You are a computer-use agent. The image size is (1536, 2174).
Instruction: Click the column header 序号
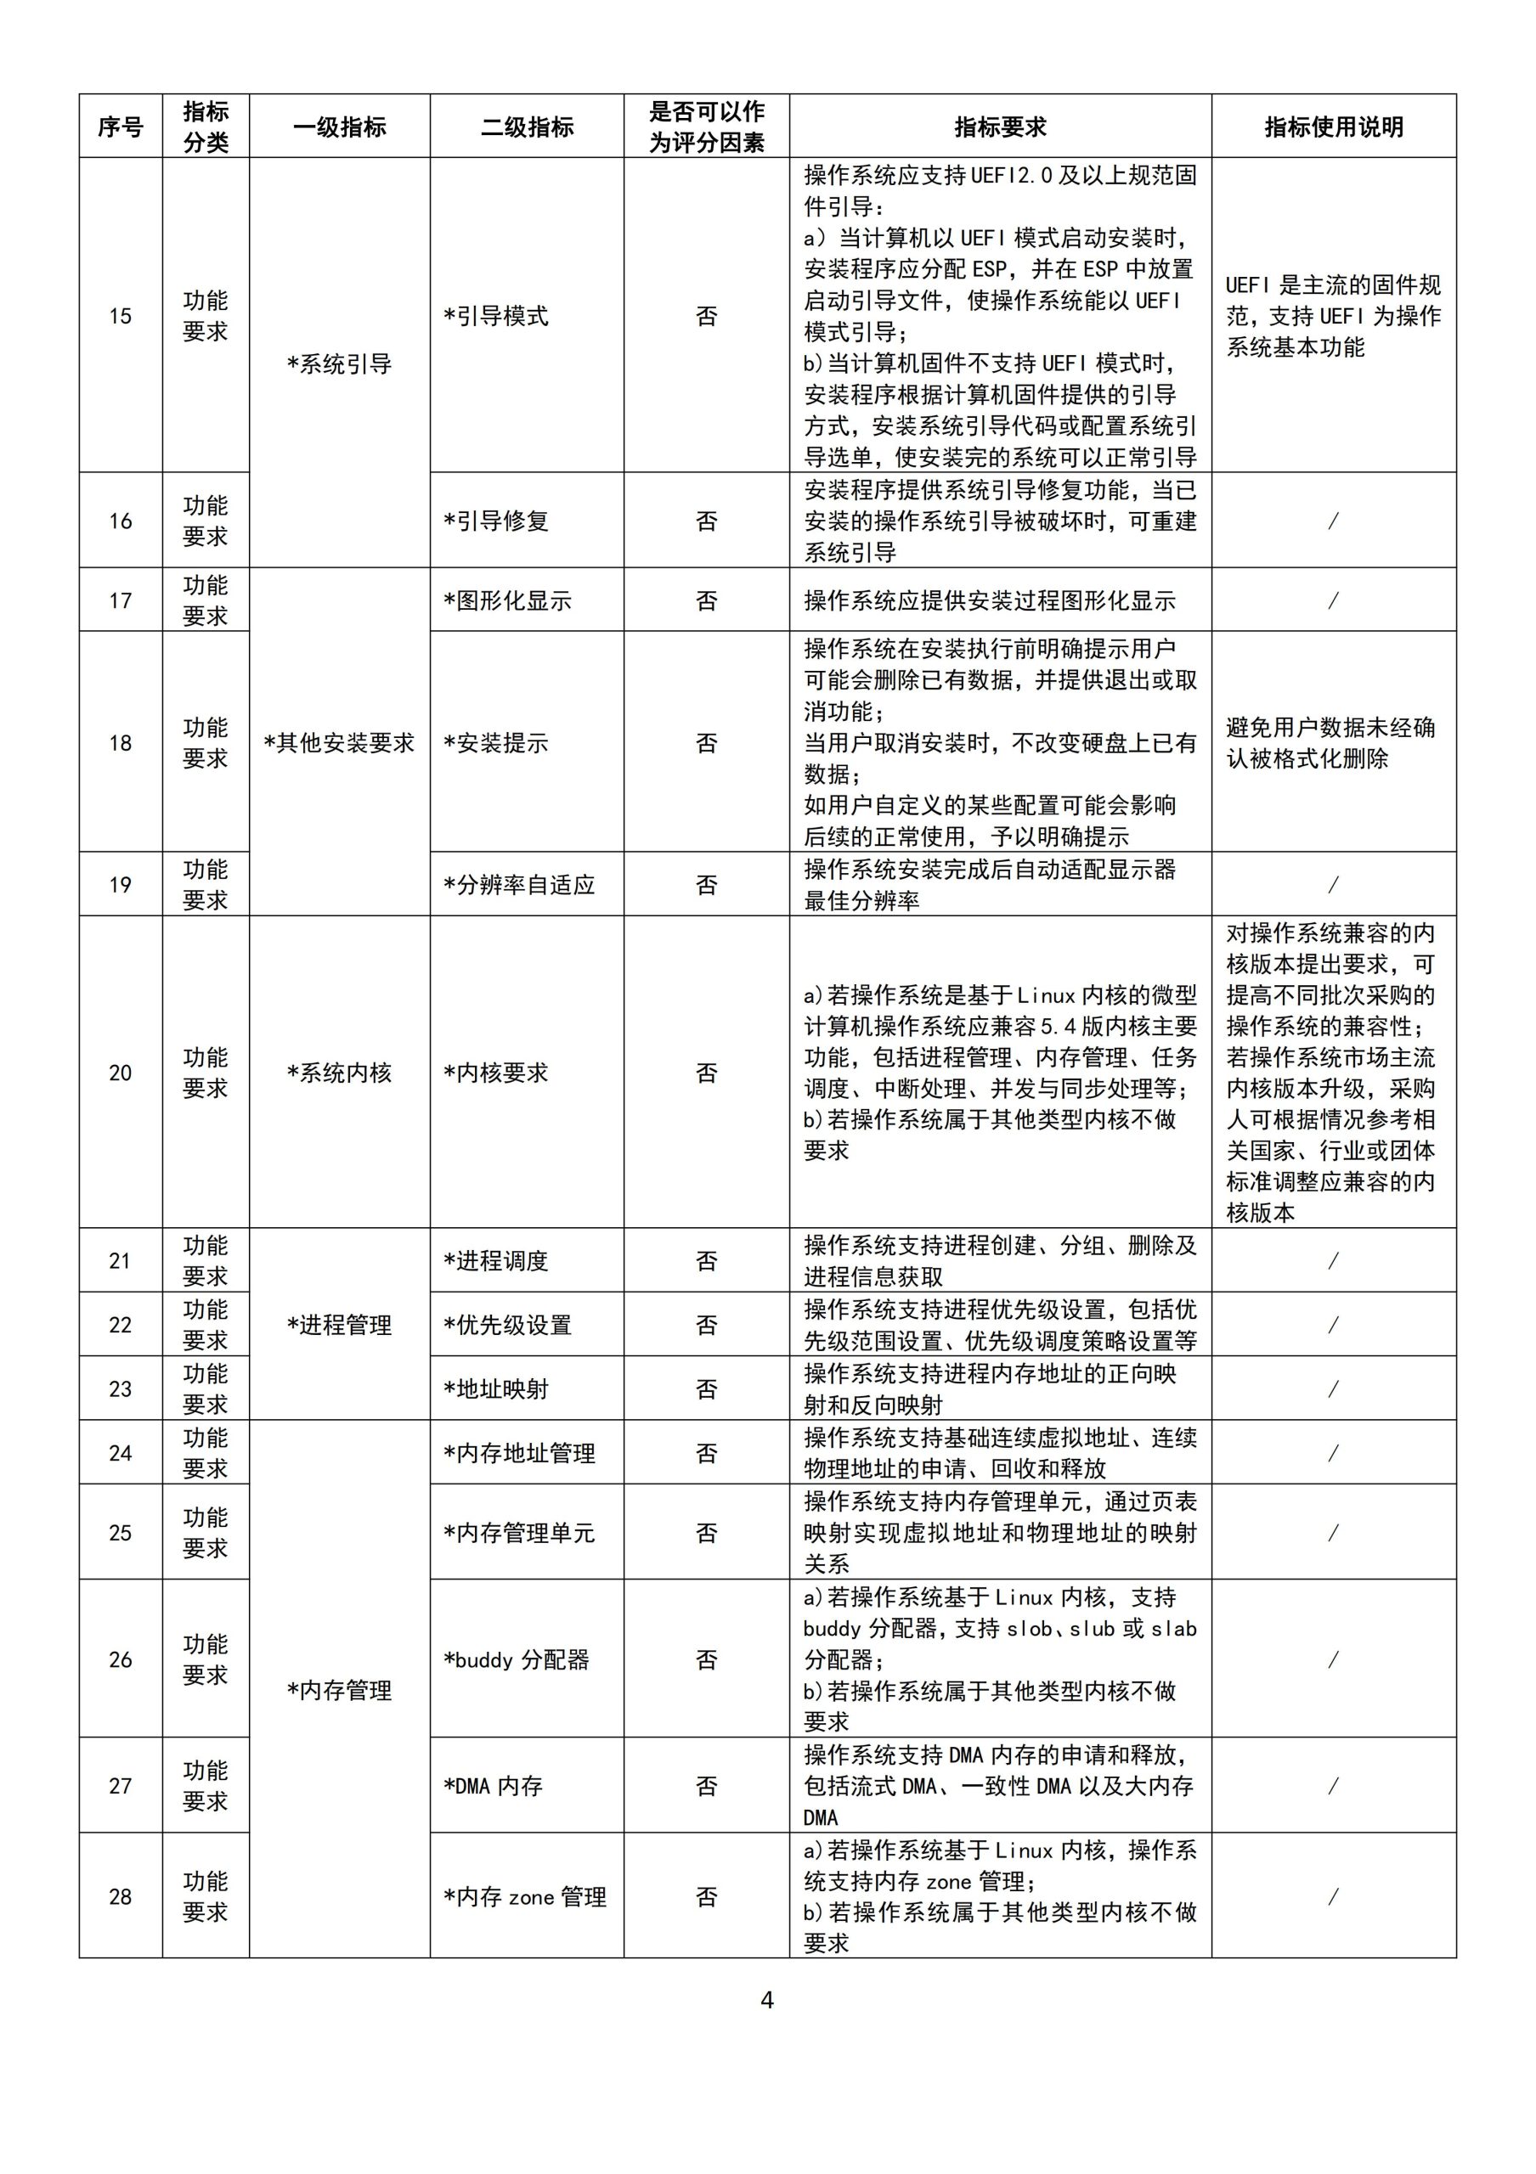click(x=121, y=126)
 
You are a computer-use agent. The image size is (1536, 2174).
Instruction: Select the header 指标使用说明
click(x=1333, y=126)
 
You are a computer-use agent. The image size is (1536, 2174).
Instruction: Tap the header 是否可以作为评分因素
click(x=707, y=126)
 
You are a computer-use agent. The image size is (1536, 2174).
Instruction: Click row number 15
click(x=121, y=315)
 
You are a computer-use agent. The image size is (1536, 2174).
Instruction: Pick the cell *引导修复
click(x=496, y=521)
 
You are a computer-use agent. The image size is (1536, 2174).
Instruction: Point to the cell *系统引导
click(x=339, y=363)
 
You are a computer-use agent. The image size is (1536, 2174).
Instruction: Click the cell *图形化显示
click(x=507, y=600)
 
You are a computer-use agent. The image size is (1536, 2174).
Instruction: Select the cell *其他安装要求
click(x=339, y=742)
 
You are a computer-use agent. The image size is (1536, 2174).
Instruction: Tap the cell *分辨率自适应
click(x=519, y=884)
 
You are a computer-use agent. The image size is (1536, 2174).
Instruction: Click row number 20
click(x=121, y=1072)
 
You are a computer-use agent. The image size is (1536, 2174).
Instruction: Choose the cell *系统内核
click(x=339, y=1072)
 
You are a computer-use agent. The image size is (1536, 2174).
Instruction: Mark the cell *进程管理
click(x=339, y=1325)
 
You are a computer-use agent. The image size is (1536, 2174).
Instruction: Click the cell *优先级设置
click(x=507, y=1325)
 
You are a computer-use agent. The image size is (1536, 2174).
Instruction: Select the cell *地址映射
click(x=496, y=1389)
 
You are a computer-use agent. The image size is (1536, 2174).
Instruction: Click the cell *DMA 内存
click(x=494, y=1786)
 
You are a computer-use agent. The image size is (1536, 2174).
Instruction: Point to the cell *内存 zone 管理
click(x=525, y=1896)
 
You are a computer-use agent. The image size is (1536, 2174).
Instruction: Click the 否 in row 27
click(x=707, y=1786)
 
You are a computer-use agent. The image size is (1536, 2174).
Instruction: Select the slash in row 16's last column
click(x=1333, y=521)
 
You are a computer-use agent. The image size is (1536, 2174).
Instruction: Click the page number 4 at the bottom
click(x=767, y=2000)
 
